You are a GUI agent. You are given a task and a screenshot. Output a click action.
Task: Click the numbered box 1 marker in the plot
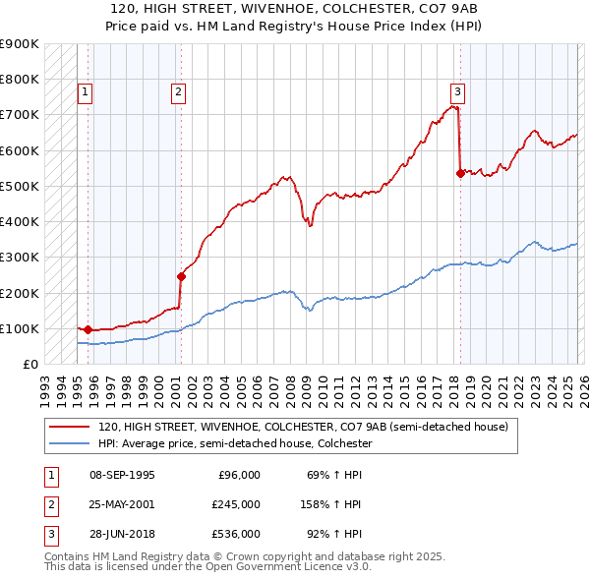click(86, 92)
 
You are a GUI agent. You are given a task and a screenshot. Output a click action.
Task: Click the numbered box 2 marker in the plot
click(178, 92)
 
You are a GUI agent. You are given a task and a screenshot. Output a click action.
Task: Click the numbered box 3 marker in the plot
click(457, 92)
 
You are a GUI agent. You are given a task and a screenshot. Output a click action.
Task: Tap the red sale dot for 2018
click(460, 173)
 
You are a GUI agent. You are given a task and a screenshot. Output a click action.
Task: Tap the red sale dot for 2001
click(181, 276)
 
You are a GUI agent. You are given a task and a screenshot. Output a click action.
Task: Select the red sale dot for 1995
click(88, 329)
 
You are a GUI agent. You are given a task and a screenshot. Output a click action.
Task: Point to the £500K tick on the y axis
click(20, 186)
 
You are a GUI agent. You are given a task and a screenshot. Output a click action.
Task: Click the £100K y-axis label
click(20, 328)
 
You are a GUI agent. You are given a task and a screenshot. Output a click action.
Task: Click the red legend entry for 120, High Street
click(303, 428)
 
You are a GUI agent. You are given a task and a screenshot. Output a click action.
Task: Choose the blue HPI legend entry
click(235, 444)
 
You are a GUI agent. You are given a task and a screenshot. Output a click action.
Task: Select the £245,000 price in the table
click(235, 504)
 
